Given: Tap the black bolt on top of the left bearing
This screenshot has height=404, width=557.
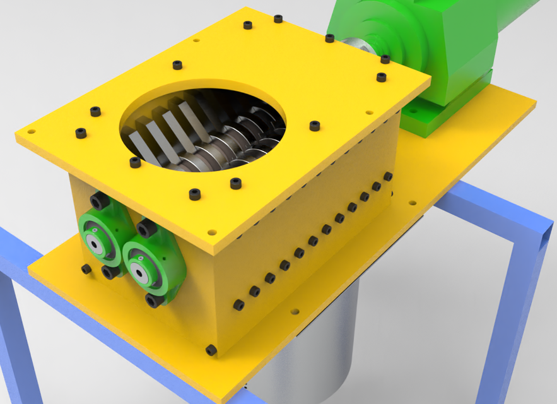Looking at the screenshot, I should click(99, 201).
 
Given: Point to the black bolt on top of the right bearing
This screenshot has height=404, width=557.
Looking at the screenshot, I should click(146, 228).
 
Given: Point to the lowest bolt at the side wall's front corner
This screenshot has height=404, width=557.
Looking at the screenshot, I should click(211, 350).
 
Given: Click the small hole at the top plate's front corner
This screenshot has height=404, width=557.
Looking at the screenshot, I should click(212, 232).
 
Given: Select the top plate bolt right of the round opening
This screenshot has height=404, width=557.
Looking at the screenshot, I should click(315, 126).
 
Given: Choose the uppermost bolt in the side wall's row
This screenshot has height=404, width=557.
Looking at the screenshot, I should click(388, 177).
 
